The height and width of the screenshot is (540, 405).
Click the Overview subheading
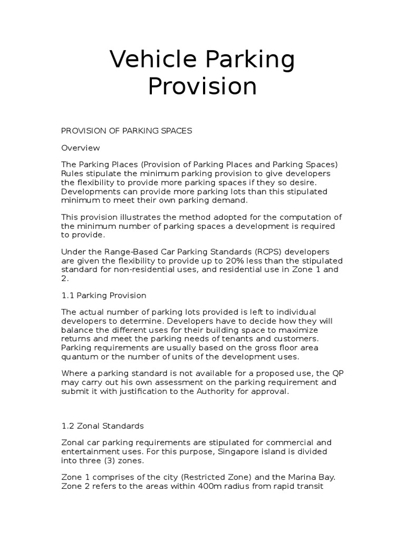point(80,148)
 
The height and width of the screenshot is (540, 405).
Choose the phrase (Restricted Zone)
point(213,477)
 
